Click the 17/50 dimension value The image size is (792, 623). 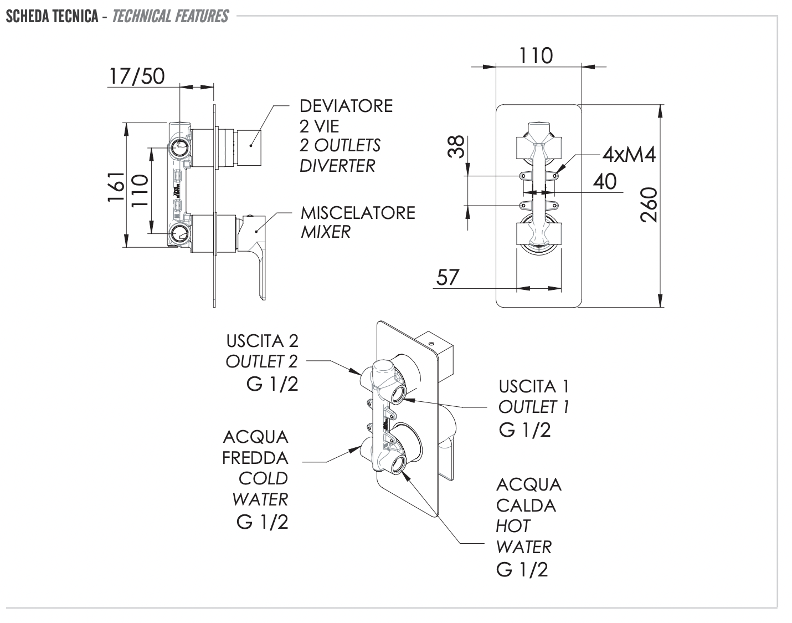pyautogui.click(x=137, y=76)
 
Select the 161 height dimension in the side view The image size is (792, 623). pyautogui.click(x=116, y=186)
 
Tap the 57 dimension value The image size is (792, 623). pyautogui.click(x=448, y=277)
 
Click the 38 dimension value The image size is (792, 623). pyautogui.click(x=456, y=148)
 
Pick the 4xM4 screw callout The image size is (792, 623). pyautogui.click(x=629, y=155)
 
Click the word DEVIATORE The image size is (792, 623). pyautogui.click(x=346, y=106)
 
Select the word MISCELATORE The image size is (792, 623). pyautogui.click(x=358, y=213)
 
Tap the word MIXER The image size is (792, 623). pyautogui.click(x=326, y=232)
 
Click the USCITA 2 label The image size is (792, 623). pyautogui.click(x=262, y=340)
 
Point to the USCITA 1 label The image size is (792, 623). pyautogui.click(x=534, y=386)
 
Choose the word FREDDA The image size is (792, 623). pyautogui.click(x=255, y=458)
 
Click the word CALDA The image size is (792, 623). pyautogui.click(x=526, y=505)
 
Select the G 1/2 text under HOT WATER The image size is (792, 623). pyautogui.click(x=522, y=569)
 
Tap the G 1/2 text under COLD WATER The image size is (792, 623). pyautogui.click(x=263, y=522)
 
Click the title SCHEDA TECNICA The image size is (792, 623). pyautogui.click(x=53, y=16)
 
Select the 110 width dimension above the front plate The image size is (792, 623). pyautogui.click(x=536, y=56)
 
